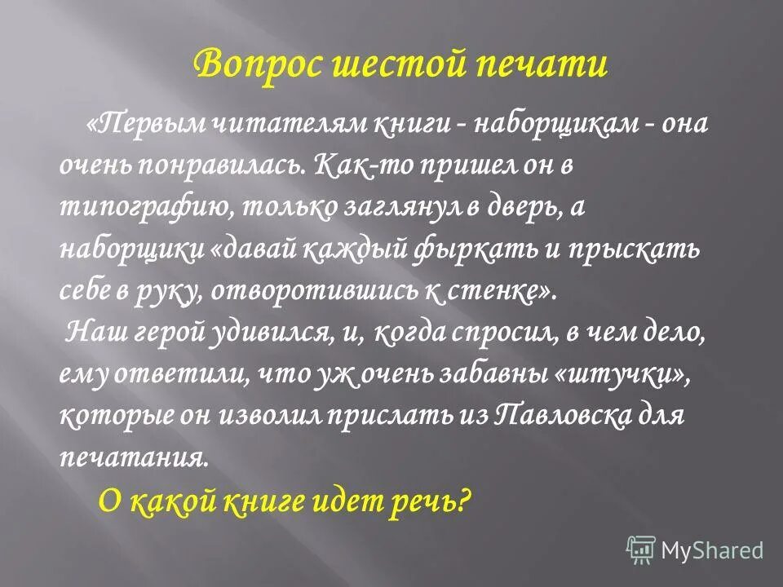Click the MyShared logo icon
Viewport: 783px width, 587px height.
click(x=641, y=549)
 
